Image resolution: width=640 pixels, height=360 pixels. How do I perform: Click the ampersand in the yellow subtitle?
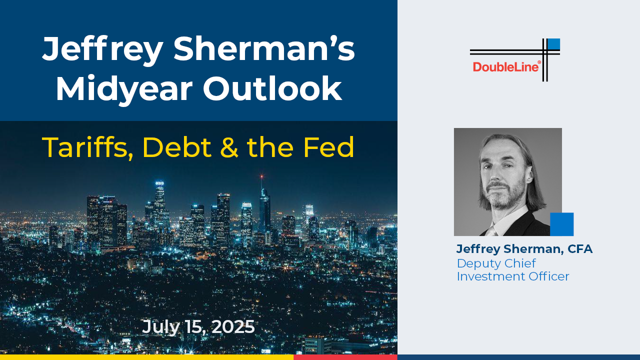click(229, 147)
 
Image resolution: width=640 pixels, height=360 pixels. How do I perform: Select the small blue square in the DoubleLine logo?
click(554, 44)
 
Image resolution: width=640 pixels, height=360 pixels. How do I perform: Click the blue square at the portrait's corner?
click(561, 224)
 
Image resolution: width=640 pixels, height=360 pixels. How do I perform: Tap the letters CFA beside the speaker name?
click(580, 249)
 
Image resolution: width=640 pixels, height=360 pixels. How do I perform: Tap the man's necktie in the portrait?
click(491, 231)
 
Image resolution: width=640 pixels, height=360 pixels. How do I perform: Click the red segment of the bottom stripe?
click(345, 357)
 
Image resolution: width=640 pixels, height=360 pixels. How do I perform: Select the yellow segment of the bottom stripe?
click(146, 357)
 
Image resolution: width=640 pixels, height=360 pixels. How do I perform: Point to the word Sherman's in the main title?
click(264, 48)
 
